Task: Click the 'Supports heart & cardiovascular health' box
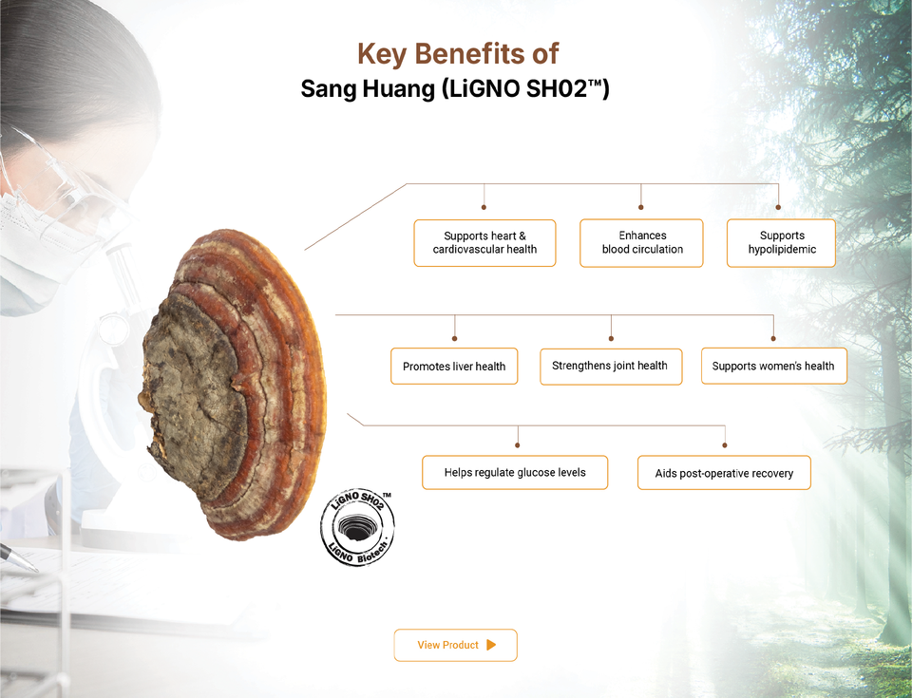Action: tap(484, 243)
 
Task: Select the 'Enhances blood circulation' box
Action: tap(641, 243)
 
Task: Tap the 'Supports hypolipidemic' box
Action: tap(781, 243)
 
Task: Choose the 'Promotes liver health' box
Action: tap(454, 367)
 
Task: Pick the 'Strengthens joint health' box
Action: tap(611, 367)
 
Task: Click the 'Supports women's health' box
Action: tap(773, 366)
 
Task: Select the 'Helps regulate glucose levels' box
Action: tap(515, 472)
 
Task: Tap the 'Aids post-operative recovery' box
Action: tap(724, 473)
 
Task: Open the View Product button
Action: tap(455, 645)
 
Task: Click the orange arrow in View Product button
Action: tap(491, 645)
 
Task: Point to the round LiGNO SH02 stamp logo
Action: tap(358, 527)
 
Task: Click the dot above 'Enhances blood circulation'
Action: tap(641, 207)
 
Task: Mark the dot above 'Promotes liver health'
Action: tap(455, 338)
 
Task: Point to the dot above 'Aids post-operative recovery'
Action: tap(725, 445)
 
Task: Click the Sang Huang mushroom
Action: tap(233, 384)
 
